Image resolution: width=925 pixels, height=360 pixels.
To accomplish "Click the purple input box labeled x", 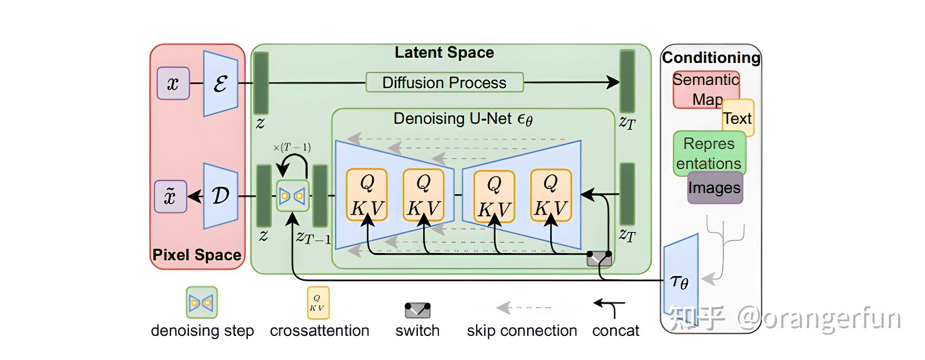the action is point(173,83).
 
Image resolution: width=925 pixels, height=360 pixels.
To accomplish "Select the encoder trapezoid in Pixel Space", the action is point(220,83).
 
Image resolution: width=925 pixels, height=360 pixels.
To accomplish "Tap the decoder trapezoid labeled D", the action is point(220,196).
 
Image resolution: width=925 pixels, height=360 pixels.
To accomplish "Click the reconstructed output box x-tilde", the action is point(170,196).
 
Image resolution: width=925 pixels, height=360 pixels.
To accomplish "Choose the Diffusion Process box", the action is point(444,82).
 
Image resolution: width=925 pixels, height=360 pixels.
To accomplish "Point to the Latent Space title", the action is point(444,52).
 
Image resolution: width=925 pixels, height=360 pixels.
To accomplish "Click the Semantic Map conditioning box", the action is point(706,90).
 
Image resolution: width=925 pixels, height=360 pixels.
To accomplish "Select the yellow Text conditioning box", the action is point(738,118).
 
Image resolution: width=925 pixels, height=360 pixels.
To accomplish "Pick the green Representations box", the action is point(709,153).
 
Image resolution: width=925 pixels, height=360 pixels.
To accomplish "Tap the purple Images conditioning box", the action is point(715,187).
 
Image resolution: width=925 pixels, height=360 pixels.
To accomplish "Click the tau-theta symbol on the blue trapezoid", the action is point(680,282).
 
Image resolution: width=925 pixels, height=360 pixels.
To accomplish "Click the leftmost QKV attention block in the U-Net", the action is point(367,195).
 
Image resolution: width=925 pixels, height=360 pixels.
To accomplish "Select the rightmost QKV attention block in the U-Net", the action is point(551,195).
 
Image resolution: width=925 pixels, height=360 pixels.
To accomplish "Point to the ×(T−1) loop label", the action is point(292,147).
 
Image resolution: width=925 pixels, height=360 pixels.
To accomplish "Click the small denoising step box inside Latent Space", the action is point(293,196).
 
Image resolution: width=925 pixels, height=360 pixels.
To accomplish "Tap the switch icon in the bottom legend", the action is point(417,310).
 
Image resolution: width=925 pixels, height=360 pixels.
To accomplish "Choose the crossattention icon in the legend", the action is point(318,303).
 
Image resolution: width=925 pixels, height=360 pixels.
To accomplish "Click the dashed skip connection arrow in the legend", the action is point(524,308).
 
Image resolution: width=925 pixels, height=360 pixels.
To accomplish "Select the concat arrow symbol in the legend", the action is point(610,308).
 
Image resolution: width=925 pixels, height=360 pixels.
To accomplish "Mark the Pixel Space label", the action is point(197,255).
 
